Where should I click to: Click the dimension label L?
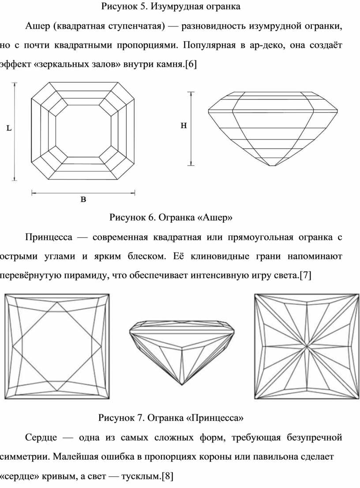pyautogui.click(x=9, y=128)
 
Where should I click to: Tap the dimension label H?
pyautogui.click(x=184, y=125)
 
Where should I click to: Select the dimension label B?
pyautogui.click(x=83, y=199)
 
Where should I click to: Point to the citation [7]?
pyautogui.click(x=305, y=275)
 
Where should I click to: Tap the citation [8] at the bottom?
pyautogui.click(x=167, y=476)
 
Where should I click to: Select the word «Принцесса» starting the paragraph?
pyautogui.click(x=49, y=237)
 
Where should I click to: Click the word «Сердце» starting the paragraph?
pyautogui.click(x=41, y=438)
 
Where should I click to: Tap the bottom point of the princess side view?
pyautogui.click(x=182, y=385)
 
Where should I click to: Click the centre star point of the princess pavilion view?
pyautogui.click(x=307, y=346)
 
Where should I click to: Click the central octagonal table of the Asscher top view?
pyautogui.click(x=83, y=131)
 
